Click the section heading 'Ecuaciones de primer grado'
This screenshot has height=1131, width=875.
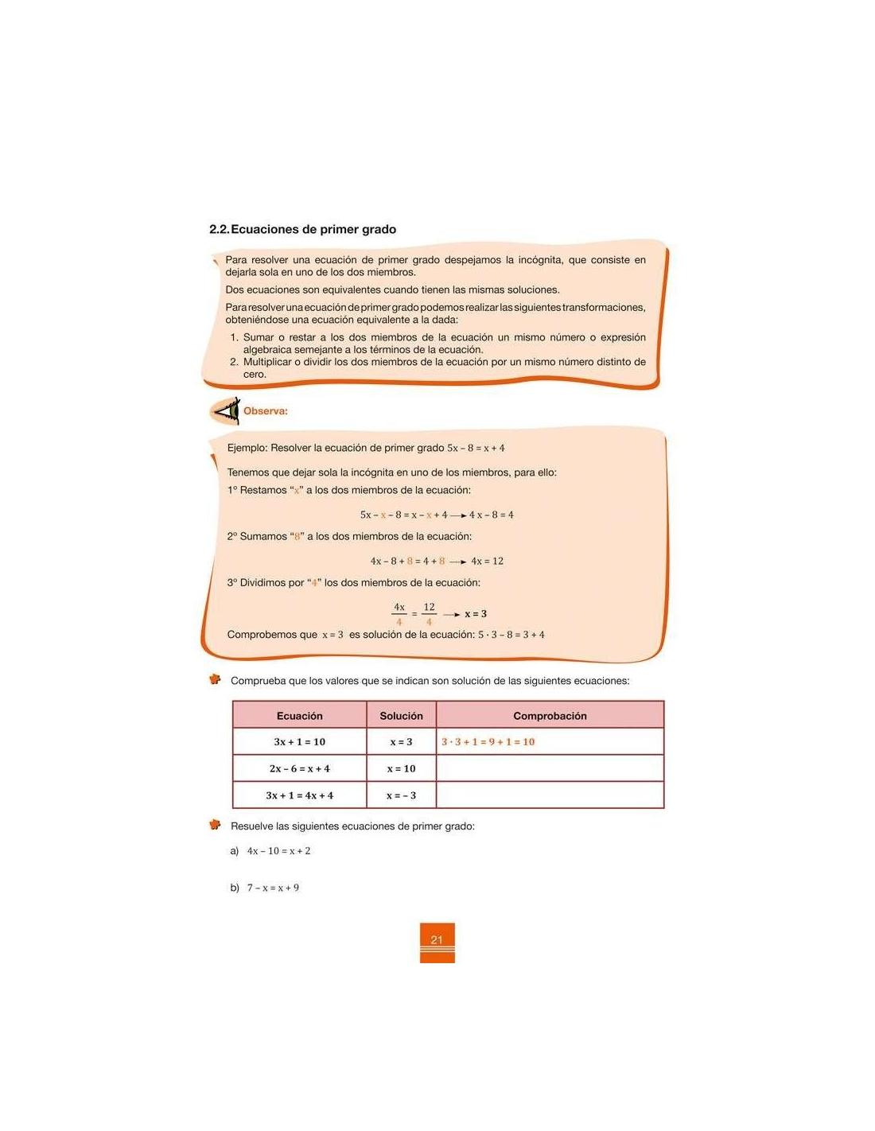313,229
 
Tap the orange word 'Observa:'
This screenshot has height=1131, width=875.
266,411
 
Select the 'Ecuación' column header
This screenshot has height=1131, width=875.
300,716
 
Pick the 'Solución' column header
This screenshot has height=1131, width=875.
402,716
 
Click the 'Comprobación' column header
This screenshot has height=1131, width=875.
550,716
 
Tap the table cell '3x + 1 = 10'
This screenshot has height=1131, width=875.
300,742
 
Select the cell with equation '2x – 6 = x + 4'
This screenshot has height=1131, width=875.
300,769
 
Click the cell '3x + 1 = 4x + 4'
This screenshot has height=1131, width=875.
300,795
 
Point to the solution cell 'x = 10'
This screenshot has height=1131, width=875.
402,769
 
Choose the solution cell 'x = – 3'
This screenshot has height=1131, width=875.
402,795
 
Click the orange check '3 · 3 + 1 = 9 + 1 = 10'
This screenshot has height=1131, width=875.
488,742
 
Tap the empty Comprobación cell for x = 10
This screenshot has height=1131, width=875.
550,769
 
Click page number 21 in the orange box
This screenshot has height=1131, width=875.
437,940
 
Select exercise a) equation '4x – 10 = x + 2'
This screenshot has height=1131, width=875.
278,851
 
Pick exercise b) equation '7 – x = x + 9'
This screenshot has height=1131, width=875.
273,888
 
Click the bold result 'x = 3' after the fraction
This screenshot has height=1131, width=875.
476,614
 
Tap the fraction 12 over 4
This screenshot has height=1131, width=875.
430,614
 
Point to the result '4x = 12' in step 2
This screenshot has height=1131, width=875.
488,562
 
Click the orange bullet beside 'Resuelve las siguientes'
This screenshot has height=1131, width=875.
215,825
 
